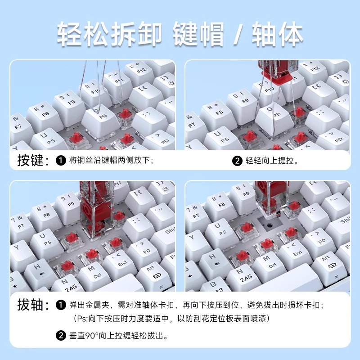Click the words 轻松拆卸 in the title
109,34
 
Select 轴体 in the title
277,34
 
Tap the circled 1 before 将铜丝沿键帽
60,161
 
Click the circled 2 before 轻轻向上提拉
237,161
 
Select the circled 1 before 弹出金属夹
60,306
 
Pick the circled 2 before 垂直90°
60,336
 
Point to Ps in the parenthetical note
82,319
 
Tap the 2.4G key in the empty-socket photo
245,276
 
